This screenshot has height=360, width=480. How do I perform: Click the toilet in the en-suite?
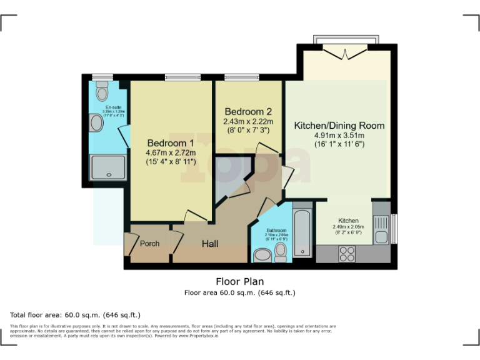click(102, 92)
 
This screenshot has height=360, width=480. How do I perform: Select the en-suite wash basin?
click(96, 123)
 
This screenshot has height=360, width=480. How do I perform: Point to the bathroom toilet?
click(281, 252)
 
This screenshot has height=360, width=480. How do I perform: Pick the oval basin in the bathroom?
click(262, 255)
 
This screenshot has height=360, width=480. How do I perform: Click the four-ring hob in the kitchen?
click(346, 254)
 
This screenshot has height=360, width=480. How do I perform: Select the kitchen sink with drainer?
click(381, 226)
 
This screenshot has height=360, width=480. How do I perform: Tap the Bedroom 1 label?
click(171, 142)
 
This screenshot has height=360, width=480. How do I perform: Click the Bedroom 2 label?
click(248, 111)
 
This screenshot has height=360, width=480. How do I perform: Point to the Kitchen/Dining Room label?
click(339, 125)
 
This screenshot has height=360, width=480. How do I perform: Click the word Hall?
click(209, 243)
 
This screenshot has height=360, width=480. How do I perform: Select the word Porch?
click(149, 243)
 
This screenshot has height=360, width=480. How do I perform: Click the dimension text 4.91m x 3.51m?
click(339, 135)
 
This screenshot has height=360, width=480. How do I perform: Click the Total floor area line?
click(76, 314)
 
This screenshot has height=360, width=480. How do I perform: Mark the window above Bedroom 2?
click(242, 77)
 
